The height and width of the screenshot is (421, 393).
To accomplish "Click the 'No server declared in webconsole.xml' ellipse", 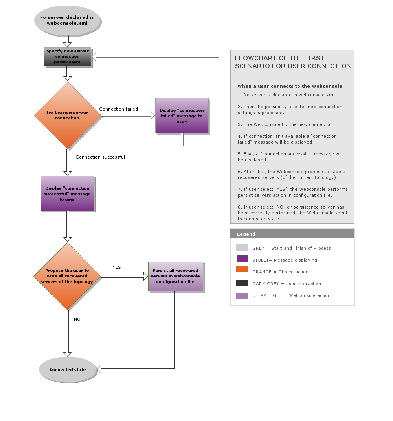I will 67,20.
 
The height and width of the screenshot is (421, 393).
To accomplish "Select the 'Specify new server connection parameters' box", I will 68,57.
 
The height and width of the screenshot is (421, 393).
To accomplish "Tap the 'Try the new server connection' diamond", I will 68,115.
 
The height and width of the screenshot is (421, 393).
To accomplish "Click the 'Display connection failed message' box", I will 182,116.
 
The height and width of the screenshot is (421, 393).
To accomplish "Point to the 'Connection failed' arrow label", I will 118,109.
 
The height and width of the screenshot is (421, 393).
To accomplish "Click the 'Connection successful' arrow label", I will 100,157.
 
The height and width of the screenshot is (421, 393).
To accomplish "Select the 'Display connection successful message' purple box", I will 68,194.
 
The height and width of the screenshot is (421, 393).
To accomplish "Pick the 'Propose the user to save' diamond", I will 67,276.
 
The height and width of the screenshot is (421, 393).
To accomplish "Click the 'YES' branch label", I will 117,267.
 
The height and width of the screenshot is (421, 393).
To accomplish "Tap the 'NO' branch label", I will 77,319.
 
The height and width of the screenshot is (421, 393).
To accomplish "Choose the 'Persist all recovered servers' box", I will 175,276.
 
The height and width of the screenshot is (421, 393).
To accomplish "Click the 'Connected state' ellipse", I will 68,369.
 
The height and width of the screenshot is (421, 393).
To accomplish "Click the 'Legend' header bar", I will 292,234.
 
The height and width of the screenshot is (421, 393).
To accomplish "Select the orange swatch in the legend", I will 242,269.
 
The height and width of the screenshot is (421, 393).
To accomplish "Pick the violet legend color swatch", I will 242,259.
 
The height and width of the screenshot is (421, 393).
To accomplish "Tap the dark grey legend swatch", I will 242,283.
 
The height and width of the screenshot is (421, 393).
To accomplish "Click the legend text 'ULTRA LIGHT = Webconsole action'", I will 291,295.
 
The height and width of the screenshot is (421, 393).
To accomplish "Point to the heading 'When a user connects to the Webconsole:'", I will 290,86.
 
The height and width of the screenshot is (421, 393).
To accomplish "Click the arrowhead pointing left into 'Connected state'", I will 99,369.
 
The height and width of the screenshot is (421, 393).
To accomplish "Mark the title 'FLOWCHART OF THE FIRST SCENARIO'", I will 293,62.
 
